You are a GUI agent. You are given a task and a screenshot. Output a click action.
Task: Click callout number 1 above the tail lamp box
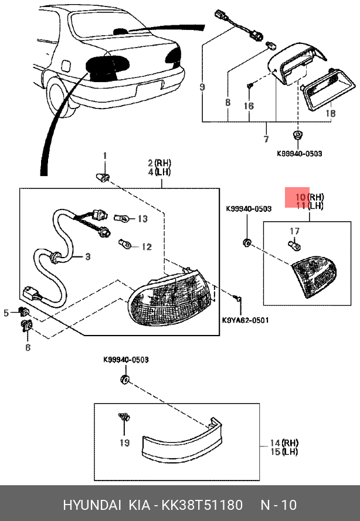tap(106, 155)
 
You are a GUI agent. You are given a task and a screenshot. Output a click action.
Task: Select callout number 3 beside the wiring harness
tap(88, 256)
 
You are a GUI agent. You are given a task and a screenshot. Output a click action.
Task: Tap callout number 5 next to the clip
tap(6, 313)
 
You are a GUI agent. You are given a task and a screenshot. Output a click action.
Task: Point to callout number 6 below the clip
tap(27, 347)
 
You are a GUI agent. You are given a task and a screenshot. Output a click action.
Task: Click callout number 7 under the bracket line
tap(266, 139)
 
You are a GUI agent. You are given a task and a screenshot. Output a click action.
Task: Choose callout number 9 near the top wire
tap(202, 87)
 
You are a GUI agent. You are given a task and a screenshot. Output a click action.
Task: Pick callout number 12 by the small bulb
tap(146, 247)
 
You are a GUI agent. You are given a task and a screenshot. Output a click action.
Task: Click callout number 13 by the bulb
tap(142, 219)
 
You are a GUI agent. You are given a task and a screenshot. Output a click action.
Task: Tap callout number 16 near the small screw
tap(249, 106)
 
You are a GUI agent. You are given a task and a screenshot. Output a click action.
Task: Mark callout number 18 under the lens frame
tap(330, 113)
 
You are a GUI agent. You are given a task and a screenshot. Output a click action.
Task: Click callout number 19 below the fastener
tap(124, 443)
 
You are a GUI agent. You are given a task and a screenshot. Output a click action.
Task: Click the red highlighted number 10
tap(301, 197)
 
